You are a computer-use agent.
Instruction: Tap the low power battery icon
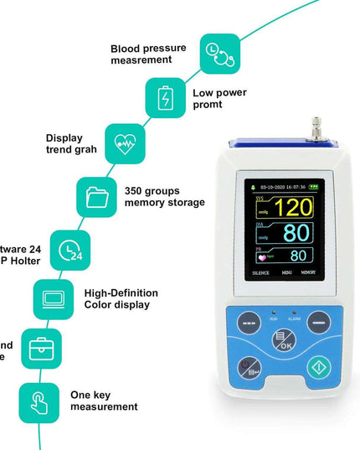coord(165,98)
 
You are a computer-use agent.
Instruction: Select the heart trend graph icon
coord(124,142)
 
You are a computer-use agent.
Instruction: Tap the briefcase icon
coord(40,348)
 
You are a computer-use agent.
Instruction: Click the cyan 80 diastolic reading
coord(296,231)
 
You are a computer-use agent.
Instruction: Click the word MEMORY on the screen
coord(308,273)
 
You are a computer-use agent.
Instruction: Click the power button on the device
coord(318,366)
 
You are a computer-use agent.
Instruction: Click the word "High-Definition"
coord(121,292)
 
